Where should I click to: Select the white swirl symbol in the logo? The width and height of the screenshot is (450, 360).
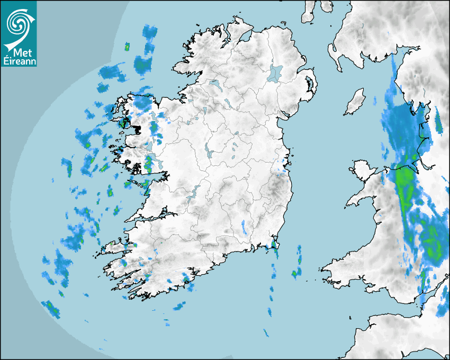[x=20, y=23]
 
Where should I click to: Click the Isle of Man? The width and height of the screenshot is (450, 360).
[x=355, y=102]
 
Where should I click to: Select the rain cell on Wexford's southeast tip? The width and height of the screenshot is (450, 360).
[x=274, y=245]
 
